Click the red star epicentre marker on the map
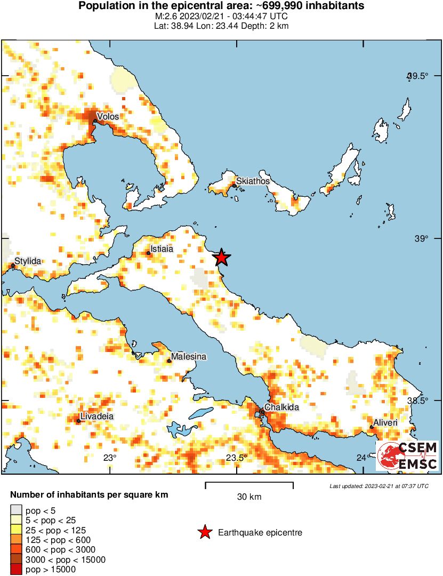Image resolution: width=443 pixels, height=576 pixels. click(x=221, y=258)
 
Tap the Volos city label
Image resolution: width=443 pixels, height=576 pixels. click(x=108, y=116)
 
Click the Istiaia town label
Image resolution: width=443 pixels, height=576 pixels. click(x=161, y=249)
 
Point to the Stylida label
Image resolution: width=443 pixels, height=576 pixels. click(x=28, y=261)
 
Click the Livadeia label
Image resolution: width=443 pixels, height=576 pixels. click(x=96, y=416)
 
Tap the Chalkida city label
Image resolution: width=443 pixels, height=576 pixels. click(x=282, y=407)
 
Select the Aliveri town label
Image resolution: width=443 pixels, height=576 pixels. click(x=385, y=422)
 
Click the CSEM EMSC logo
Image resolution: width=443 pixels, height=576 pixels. click(x=408, y=455)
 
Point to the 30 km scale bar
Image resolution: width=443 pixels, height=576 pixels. click(x=249, y=485)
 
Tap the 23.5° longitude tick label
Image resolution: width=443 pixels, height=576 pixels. click(x=236, y=458)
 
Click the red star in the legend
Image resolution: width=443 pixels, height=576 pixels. click(x=204, y=532)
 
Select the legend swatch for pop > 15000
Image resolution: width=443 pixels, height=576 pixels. click(x=16, y=570)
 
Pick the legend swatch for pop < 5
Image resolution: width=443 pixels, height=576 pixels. click(x=16, y=511)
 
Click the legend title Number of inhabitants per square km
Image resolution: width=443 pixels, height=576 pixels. click(x=89, y=495)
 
